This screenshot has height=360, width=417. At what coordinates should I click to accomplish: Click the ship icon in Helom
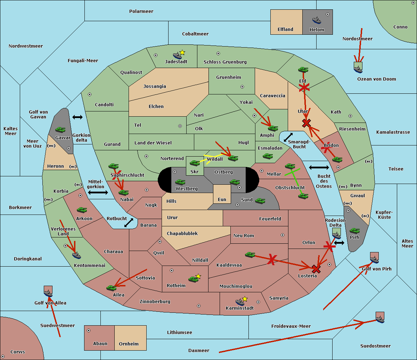pos(317,20)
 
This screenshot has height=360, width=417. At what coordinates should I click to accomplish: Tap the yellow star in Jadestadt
pos(182,53)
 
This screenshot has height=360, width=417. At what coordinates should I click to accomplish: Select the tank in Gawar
pos(60,129)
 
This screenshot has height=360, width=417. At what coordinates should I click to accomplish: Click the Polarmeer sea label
pos(141,11)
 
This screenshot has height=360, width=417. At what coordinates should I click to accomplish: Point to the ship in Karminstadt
pos(240,302)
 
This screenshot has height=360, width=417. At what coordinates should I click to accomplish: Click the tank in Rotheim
pos(193,279)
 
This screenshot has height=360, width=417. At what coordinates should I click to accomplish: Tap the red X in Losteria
pos(316,269)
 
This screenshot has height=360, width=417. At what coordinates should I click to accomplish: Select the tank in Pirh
pos(354,231)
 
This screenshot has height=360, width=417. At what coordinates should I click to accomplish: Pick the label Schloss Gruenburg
pos(225,62)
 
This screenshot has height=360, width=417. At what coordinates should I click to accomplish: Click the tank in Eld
pos(303,70)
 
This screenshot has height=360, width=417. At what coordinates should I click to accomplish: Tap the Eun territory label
pos(222,199)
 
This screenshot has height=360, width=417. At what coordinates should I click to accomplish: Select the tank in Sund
pos(260,201)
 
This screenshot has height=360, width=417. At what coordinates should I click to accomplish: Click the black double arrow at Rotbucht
pos(129,223)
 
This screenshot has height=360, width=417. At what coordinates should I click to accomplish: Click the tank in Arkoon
pos(82,210)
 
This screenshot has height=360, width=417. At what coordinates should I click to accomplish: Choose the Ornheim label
pos(129,344)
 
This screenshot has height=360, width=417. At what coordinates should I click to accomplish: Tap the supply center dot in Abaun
pos(89,330)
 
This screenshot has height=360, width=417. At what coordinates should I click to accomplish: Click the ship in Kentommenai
pos(76,255)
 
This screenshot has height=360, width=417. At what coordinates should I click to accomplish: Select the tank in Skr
pos(195,163)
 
